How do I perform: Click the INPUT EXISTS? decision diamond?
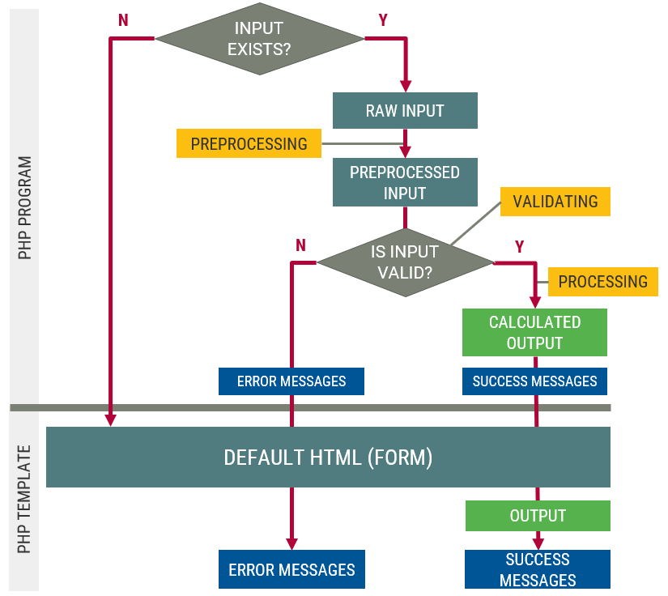point(259,38)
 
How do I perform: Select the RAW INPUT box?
point(405,111)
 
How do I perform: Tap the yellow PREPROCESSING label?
point(249,144)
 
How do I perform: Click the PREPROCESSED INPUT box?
point(405,182)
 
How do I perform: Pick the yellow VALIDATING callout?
point(555,202)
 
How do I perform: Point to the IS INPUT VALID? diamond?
point(405,262)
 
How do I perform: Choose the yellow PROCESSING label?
point(602,282)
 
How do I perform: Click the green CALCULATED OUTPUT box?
point(534,332)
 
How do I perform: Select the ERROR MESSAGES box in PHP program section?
point(291,381)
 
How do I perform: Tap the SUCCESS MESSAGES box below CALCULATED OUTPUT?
point(534,381)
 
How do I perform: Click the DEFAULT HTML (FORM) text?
point(328,458)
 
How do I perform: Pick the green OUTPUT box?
point(538,516)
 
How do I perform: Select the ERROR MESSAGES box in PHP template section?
point(291,570)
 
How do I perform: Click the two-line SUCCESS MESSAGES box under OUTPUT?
point(538,569)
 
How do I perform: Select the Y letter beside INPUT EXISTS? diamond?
point(382,20)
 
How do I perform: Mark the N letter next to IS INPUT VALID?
point(300,245)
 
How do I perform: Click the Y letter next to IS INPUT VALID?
point(519,246)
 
